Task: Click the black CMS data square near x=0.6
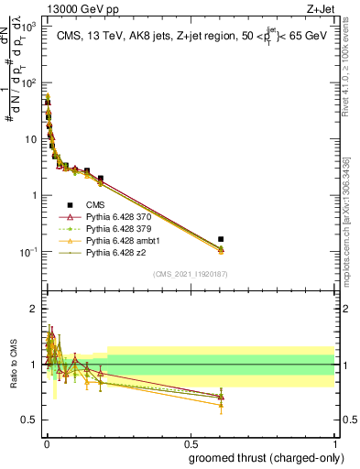[x=221, y=239]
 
